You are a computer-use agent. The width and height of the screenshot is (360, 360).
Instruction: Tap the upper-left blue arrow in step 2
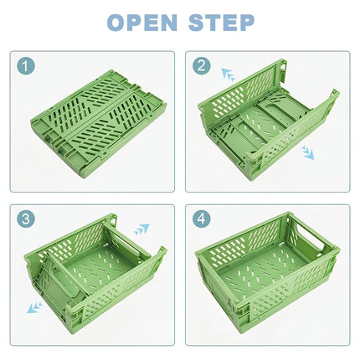228,75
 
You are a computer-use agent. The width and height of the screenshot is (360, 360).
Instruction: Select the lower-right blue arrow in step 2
308,153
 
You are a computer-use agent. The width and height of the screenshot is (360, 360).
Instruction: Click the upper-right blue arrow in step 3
141,229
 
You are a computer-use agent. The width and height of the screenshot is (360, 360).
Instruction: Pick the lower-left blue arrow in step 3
34,307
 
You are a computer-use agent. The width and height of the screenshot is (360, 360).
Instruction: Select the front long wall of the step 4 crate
251,310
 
